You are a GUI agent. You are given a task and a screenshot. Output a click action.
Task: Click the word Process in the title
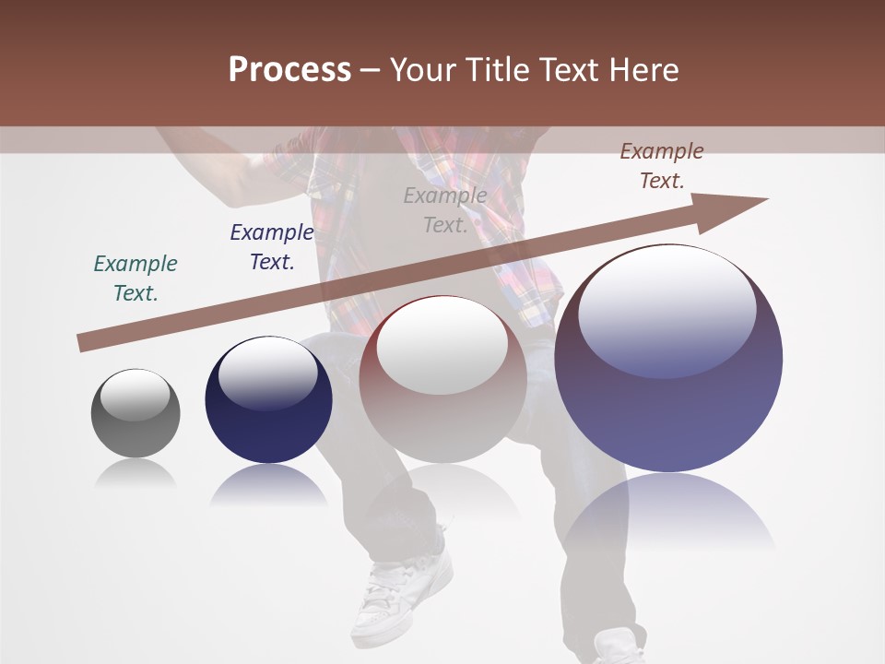289,70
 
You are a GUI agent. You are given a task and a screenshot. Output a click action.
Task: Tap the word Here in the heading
643,70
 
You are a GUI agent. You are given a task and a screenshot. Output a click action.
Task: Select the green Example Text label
136,279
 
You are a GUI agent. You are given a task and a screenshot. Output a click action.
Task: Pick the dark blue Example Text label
272,247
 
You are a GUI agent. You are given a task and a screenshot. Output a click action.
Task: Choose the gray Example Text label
445,210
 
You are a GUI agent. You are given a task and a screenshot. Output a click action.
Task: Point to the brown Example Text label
662,166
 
